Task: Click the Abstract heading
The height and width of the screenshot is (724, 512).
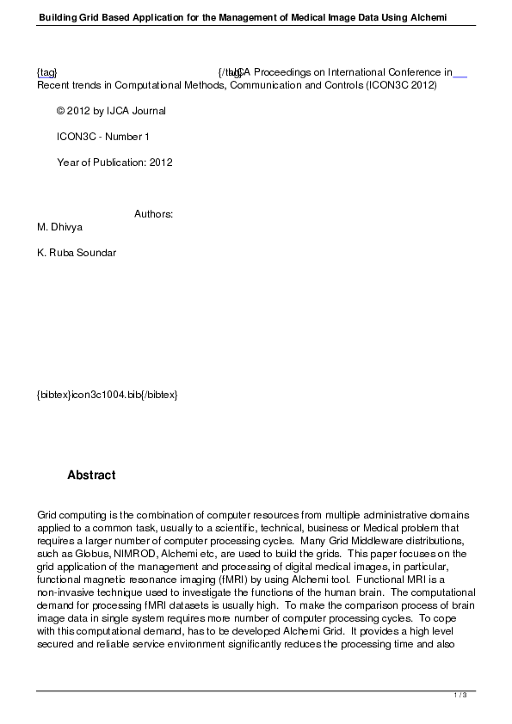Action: coord(91,476)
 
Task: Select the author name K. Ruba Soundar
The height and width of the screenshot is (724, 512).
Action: coord(77,253)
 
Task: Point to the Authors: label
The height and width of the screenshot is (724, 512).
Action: coord(154,214)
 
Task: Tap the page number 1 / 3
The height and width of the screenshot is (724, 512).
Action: coord(460,695)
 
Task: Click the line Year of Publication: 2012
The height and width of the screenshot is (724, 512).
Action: coord(114,163)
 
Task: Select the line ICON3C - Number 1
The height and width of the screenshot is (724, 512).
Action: coord(103,137)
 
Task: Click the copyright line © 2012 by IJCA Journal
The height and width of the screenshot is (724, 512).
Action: coord(111,111)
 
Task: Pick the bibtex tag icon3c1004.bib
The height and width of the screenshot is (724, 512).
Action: coord(107,395)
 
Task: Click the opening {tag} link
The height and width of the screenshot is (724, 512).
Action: coord(47,73)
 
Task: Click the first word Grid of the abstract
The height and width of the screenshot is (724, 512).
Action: coord(47,515)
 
